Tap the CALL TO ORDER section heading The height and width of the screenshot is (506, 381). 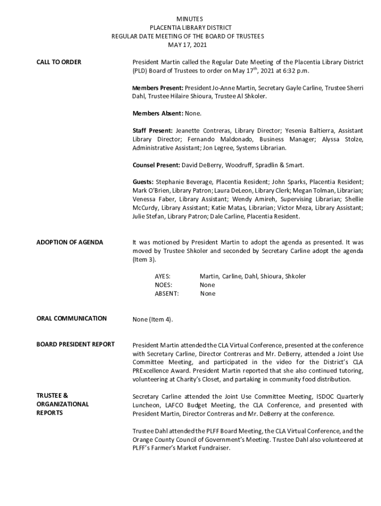point(59,62)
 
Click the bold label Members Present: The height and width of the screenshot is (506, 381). point(158,88)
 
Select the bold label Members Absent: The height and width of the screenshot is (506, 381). point(158,114)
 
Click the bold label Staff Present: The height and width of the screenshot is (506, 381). point(152,130)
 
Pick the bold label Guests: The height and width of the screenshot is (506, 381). point(143,182)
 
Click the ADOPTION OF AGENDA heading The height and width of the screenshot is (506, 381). point(70,243)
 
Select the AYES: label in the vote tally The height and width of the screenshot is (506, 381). point(163,276)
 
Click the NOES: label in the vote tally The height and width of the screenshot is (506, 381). point(163,285)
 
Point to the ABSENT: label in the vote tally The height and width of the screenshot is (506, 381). point(167,294)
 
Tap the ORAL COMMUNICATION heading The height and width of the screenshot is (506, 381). point(71,319)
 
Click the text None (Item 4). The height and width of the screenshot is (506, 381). point(152,319)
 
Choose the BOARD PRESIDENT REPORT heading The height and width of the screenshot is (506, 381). point(75,344)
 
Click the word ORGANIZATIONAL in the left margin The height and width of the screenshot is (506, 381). point(62,404)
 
